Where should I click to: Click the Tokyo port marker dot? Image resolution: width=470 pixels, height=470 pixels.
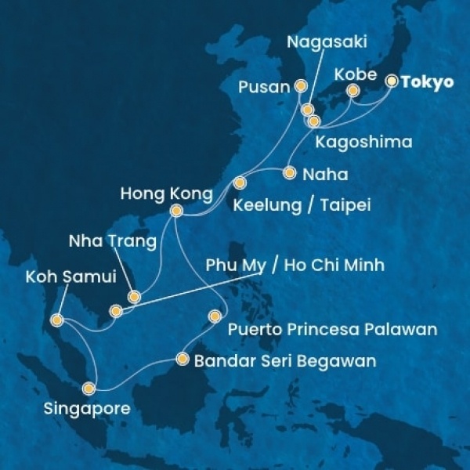click(391, 81)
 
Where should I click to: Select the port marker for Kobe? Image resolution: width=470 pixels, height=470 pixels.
click(353, 92)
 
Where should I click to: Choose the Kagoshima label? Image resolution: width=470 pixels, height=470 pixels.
click(353, 143)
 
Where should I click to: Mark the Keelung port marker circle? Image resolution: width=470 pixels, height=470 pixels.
click(240, 183)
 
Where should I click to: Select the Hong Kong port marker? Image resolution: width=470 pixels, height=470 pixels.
click(176, 210)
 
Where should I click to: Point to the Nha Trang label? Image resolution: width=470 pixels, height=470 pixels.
click(113, 241)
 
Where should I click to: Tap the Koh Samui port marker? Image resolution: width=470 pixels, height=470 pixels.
click(56, 320)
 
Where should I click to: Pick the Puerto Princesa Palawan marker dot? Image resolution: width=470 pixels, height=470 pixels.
click(215, 316)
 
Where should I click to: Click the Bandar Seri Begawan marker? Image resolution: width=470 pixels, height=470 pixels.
click(183, 360)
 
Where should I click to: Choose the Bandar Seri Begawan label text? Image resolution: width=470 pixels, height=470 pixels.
click(284, 361)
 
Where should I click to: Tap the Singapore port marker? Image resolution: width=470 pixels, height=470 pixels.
click(90, 388)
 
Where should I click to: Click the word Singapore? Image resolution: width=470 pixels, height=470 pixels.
click(85, 409)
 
